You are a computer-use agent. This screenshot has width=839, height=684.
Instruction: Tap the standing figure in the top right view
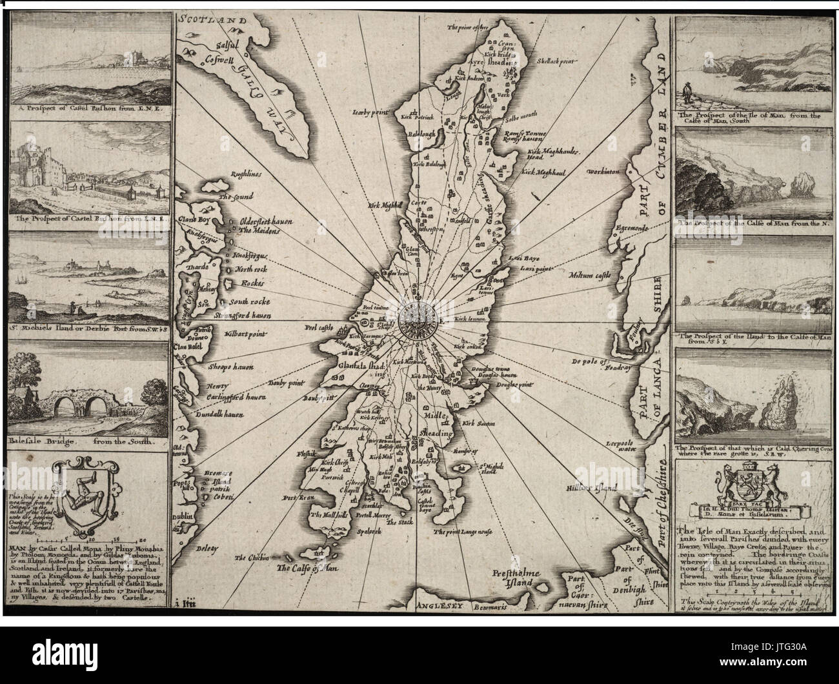pos(689,90)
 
